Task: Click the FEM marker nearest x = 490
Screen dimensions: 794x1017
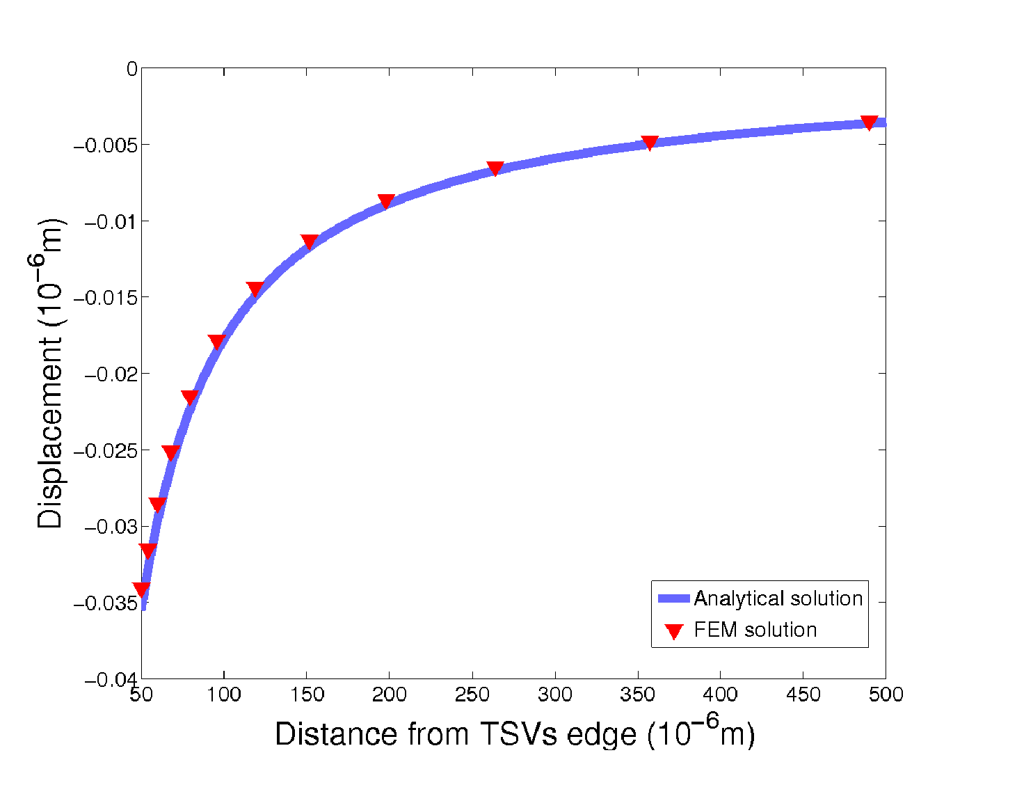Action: [869, 122]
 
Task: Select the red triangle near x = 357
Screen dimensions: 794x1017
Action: [649, 143]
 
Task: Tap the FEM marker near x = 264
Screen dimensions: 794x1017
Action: [495, 168]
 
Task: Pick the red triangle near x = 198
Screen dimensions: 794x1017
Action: [386, 201]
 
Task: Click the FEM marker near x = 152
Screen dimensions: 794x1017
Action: [310, 241]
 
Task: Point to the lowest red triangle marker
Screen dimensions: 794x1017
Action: [141, 590]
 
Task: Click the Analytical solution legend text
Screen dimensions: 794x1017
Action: [778, 598]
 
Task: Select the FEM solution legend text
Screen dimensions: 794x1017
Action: [755, 630]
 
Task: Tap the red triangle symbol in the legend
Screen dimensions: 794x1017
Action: [673, 631]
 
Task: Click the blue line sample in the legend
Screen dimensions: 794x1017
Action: [673, 598]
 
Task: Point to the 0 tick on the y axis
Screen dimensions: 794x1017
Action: [131, 69]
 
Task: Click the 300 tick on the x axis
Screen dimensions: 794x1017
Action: [555, 694]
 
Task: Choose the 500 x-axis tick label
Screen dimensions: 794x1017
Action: [886, 694]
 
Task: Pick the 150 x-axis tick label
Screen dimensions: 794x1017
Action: [307, 694]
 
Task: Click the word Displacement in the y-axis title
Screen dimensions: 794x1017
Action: [50, 433]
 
